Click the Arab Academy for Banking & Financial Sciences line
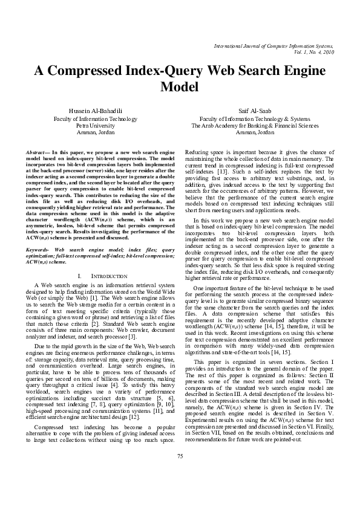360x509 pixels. tap(254, 126)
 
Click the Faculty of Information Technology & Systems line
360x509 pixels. tap(254, 119)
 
